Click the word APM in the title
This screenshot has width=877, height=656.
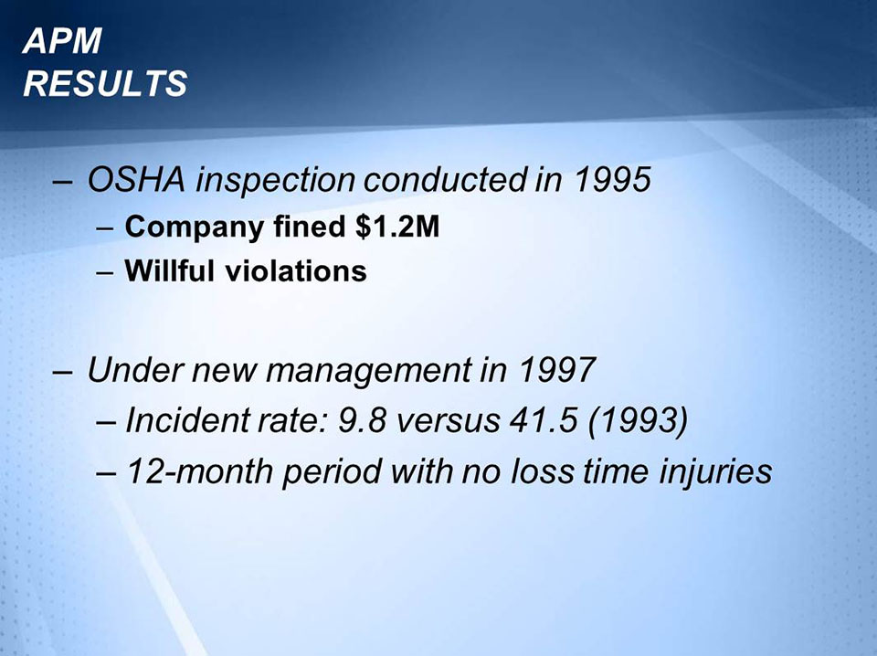pos(63,41)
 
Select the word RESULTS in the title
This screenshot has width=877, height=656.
pos(105,84)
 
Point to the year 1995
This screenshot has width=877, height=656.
pos(612,180)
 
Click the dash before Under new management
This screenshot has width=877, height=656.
pos(63,372)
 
